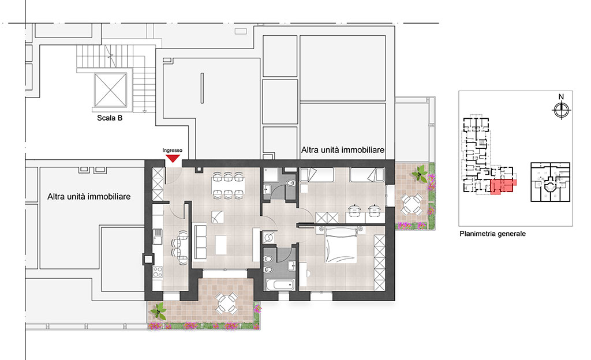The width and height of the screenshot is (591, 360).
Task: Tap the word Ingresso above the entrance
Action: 172,150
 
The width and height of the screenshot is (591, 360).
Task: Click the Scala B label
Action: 110,118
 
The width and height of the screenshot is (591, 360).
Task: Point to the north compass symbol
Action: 561,110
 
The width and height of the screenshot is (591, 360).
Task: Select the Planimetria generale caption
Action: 493,234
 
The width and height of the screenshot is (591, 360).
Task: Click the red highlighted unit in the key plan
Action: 502,186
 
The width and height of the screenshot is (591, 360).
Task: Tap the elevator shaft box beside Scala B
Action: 110,90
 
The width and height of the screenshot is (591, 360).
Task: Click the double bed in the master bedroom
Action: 341,245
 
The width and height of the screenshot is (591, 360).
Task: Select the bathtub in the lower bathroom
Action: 280,284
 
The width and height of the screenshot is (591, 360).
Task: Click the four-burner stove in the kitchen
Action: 158,272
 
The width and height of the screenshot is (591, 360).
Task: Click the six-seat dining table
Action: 227,185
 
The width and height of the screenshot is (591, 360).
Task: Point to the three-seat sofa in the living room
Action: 200,242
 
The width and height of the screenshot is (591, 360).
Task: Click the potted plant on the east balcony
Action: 420,175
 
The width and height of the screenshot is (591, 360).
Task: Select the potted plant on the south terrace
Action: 158,312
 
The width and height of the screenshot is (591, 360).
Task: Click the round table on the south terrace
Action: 226,303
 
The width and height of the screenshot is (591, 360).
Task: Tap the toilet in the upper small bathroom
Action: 291,183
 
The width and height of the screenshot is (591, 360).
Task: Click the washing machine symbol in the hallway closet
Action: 270,238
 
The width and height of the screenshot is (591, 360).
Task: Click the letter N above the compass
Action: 561,97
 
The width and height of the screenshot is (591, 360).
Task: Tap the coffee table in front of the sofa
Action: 221,245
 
